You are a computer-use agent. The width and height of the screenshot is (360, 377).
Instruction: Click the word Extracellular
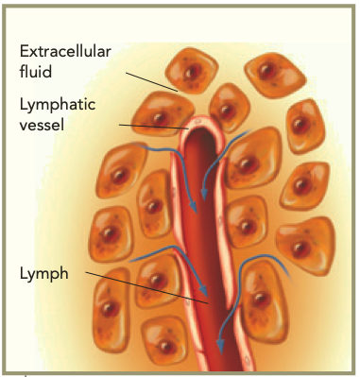pyautogui.click(x=65, y=51)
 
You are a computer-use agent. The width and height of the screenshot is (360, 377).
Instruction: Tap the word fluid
pyautogui.click(x=36, y=72)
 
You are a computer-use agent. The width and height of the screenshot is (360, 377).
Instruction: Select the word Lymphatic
pyautogui.click(x=58, y=105)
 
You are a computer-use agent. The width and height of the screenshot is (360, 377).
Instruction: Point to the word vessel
pyautogui.click(x=42, y=125)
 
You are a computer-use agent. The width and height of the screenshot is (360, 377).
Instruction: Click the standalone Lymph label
pyautogui.click(x=43, y=273)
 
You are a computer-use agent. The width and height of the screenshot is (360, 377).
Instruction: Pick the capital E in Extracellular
pyautogui.click(x=24, y=52)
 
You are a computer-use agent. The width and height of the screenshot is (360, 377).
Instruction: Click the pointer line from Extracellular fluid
pyautogui.click(x=152, y=82)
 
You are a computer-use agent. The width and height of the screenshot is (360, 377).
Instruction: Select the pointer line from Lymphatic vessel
pyautogui.click(x=154, y=127)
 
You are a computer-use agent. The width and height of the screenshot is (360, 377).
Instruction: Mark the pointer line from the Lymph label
pyautogui.click(x=147, y=288)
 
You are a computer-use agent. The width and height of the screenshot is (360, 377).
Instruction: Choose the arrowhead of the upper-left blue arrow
pyautogui.click(x=193, y=207)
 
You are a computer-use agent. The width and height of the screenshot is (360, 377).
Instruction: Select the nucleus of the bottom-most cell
pyautogui.click(x=165, y=346)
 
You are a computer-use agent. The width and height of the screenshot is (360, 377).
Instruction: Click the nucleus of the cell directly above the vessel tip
pyautogui.click(x=226, y=111)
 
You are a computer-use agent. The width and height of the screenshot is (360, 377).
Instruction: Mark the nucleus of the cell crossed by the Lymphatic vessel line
pyautogui.click(x=160, y=118)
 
